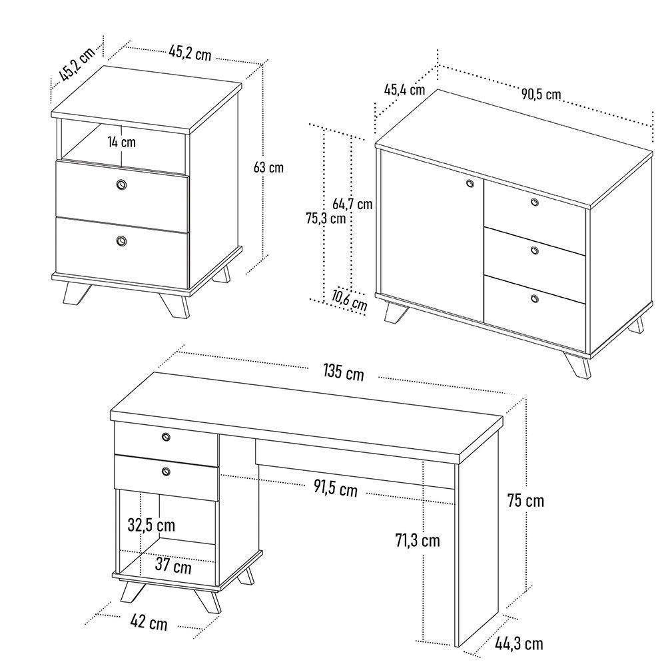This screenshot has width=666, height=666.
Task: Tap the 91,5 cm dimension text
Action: [336, 489]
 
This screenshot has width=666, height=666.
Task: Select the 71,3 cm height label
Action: [417, 540]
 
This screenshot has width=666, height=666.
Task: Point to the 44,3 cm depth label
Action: [519, 643]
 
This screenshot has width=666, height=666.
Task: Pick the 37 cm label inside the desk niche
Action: [173, 567]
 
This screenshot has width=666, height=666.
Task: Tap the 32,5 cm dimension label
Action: [151, 525]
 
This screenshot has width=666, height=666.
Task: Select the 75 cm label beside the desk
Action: [525, 500]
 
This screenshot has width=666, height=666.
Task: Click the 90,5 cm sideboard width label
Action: [541, 95]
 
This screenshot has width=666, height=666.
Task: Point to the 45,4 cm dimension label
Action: [404, 89]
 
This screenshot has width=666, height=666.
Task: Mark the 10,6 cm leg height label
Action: [350, 301]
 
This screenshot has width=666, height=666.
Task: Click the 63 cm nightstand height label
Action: [268, 167]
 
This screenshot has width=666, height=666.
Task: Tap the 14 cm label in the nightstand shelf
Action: [122, 142]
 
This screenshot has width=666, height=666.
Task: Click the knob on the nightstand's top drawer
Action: [121, 184]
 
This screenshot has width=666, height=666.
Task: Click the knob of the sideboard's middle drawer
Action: [535, 250]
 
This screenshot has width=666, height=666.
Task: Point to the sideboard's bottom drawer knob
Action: [534, 298]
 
